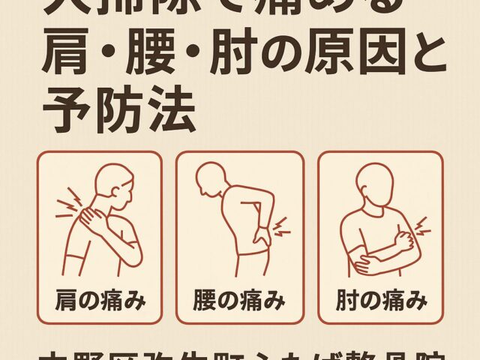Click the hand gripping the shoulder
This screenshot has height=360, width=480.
coord(94,218)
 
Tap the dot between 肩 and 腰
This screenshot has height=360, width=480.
coord(109,56)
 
